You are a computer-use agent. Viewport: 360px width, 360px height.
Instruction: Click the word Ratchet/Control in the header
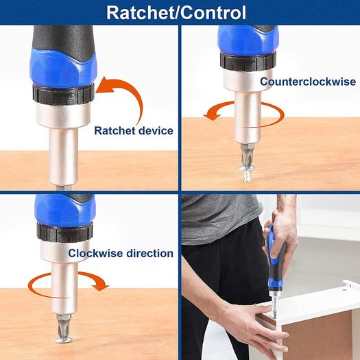click(x=176, y=12)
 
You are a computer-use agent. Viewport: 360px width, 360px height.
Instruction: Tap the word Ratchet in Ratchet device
click(x=115, y=131)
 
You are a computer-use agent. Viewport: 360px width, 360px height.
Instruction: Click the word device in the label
click(x=156, y=131)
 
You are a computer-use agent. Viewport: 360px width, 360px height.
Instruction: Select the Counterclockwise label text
click(x=308, y=82)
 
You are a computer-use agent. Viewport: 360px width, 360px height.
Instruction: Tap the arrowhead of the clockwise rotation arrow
click(x=100, y=285)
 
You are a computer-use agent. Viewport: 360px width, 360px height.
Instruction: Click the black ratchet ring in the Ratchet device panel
click(x=64, y=95)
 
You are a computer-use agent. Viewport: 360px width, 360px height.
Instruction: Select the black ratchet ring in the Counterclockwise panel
click(x=248, y=61)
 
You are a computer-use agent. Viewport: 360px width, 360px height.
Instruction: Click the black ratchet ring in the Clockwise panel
click(x=64, y=232)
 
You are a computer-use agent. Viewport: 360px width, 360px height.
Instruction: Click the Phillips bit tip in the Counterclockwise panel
click(x=247, y=155)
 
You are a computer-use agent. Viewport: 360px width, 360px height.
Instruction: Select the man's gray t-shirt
click(x=219, y=218)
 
